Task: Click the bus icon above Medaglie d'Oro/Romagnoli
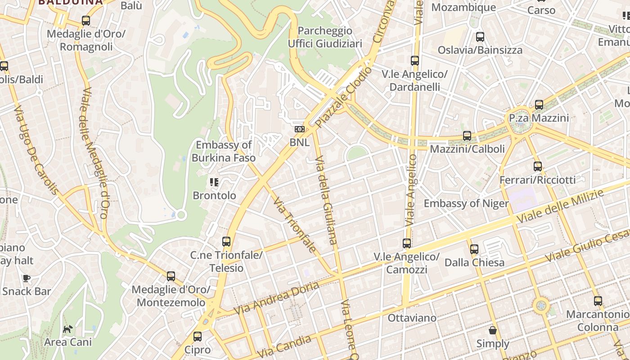(x=85, y=21)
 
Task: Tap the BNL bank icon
(x=299, y=129)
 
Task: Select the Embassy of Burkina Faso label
(x=224, y=151)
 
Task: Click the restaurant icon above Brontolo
(x=214, y=182)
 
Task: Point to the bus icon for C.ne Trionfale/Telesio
(x=226, y=242)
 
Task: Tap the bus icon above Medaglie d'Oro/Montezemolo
(x=171, y=276)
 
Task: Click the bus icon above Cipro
(x=198, y=337)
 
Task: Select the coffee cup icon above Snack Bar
(x=27, y=278)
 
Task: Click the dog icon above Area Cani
(x=67, y=329)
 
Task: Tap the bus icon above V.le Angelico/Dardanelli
(x=414, y=60)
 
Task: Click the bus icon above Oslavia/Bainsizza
(x=480, y=37)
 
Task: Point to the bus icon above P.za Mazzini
(x=539, y=105)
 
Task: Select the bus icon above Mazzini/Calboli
(x=467, y=135)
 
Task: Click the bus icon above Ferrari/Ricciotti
(x=537, y=166)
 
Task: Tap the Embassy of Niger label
(x=466, y=203)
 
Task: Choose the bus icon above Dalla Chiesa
(x=474, y=249)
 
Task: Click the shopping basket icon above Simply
(x=493, y=331)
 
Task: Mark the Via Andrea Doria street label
(x=276, y=298)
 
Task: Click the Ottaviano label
(x=412, y=318)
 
